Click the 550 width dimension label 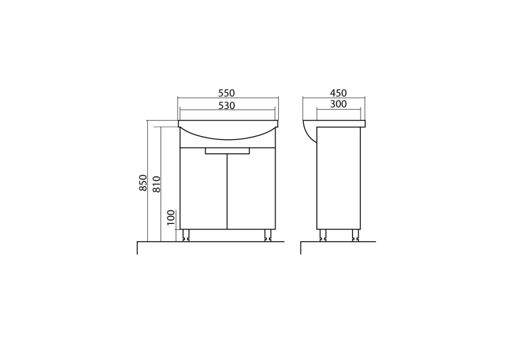[227, 93]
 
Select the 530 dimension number [227, 106]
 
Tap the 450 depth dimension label [338, 93]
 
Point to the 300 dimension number [338, 104]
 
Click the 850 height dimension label [143, 182]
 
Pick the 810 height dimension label [157, 184]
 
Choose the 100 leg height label [171, 217]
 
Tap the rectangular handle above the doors [227, 151]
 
